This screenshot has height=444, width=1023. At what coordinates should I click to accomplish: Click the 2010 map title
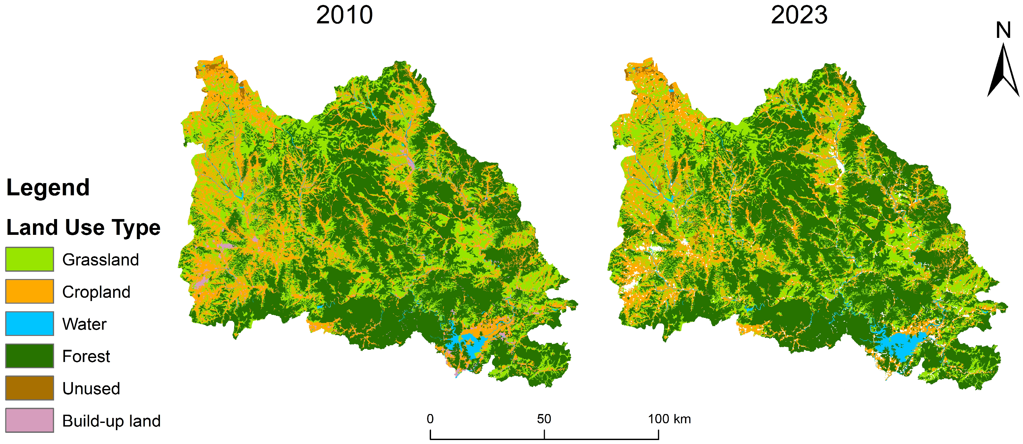tap(344, 15)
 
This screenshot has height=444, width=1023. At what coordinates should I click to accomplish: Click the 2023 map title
tap(799, 15)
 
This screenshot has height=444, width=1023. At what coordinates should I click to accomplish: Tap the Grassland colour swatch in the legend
tap(29, 259)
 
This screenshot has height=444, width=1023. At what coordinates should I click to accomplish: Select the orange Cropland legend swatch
tap(29, 291)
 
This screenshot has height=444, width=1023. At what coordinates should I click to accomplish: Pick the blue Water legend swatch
tap(29, 323)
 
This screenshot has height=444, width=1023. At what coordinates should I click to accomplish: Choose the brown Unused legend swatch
tap(29, 388)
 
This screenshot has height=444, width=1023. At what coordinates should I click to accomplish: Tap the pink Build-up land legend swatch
tap(29, 420)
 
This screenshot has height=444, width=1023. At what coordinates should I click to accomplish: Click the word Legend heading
tap(48, 187)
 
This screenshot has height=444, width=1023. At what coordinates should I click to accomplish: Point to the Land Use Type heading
tap(83, 227)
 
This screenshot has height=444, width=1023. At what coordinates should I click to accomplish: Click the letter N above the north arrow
tap(1003, 31)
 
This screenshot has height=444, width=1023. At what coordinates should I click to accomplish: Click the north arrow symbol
tap(1003, 73)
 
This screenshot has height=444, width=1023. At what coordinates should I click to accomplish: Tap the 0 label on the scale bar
tap(430, 419)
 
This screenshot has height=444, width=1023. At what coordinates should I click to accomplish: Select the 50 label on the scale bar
tap(544, 419)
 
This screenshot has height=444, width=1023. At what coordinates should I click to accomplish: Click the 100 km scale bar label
tap(669, 419)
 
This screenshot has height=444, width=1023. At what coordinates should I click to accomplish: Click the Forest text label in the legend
tap(86, 356)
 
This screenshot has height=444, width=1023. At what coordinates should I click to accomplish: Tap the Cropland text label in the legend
tap(96, 292)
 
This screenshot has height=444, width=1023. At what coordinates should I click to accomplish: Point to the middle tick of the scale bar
tap(544, 434)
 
